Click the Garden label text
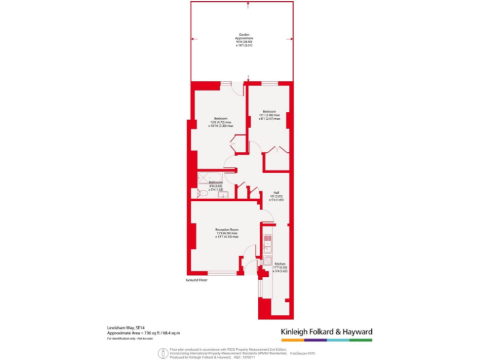coord(249,34)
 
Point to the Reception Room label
coord(226,229)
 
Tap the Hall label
coord(276,192)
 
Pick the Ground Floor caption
coord(196,280)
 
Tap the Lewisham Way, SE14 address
coord(122,327)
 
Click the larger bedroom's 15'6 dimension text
coord(221,122)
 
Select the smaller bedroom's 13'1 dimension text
coord(269,115)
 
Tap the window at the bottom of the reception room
coord(222,273)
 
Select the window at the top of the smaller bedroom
coord(269,83)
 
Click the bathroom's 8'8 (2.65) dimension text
coord(216,186)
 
